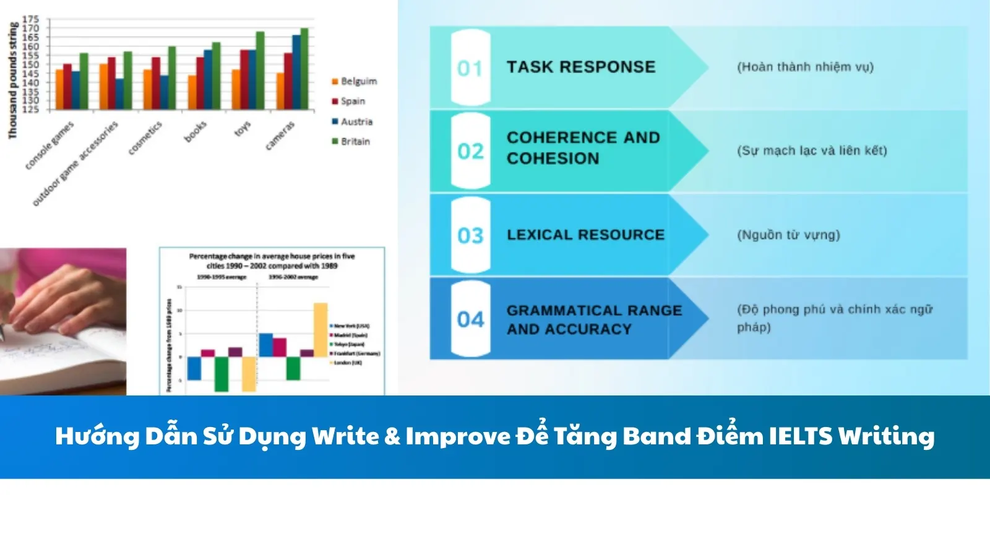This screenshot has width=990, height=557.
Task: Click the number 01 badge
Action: (470, 67)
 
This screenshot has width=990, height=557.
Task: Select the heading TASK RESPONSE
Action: (580, 67)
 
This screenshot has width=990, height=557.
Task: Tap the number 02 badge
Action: (470, 151)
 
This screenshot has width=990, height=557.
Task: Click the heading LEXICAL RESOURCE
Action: (585, 235)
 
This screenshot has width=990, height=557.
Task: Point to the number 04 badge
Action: (470, 319)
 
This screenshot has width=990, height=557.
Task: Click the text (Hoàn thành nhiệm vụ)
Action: (805, 67)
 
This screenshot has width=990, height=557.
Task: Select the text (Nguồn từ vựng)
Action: (788, 235)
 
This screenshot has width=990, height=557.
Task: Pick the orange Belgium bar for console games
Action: (59, 90)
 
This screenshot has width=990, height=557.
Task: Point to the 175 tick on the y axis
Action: (31, 19)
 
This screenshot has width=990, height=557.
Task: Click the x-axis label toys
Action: (243, 128)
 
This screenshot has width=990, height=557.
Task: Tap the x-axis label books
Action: (195, 131)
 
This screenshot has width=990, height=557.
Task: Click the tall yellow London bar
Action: (321, 329)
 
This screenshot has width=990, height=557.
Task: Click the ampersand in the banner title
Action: (392, 436)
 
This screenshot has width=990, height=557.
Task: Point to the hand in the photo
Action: (56, 297)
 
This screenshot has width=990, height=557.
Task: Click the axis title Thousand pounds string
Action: (12, 80)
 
